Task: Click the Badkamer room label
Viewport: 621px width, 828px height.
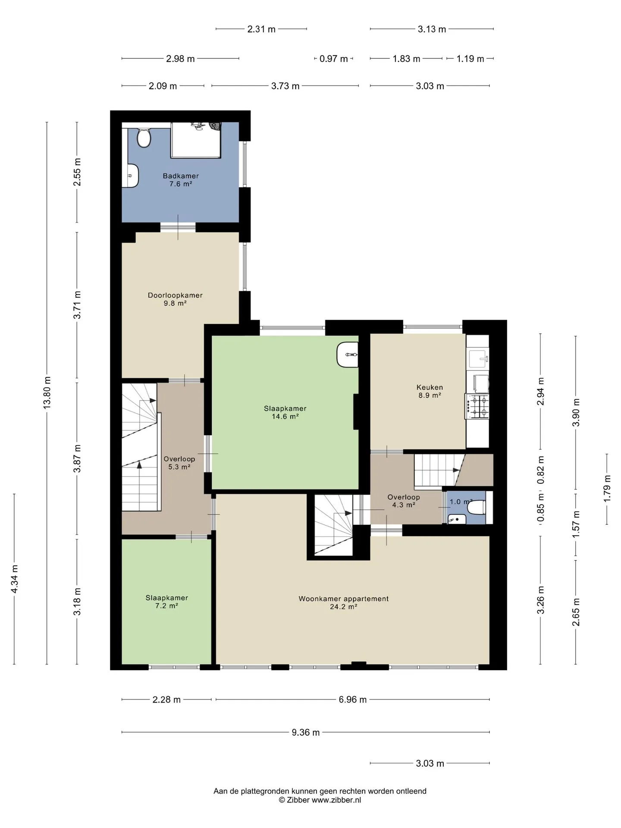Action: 181,176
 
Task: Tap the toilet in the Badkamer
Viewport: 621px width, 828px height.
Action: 144,137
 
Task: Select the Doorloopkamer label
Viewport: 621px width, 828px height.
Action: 175,295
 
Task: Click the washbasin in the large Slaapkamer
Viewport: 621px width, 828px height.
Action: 347,354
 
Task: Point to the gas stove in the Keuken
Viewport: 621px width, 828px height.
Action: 477,406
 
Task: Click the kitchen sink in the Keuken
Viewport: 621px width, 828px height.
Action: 478,358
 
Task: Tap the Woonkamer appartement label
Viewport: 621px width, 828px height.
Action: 344,599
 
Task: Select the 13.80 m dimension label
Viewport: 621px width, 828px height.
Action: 47,392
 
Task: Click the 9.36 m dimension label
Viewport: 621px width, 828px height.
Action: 306,732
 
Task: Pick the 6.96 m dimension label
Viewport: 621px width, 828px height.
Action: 353,699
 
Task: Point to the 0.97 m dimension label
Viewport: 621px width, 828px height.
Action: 333,59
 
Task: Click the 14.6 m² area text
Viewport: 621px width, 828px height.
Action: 285,417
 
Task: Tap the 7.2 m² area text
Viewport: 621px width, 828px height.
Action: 166,605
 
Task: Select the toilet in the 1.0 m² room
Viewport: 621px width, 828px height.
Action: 478,508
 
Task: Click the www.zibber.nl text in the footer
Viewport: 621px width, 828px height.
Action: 336,800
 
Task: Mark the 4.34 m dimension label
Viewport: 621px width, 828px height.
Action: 14,579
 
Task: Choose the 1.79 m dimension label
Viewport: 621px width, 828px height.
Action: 607,488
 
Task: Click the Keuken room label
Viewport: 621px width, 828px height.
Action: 430,387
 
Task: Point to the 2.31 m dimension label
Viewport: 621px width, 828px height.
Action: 261,29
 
